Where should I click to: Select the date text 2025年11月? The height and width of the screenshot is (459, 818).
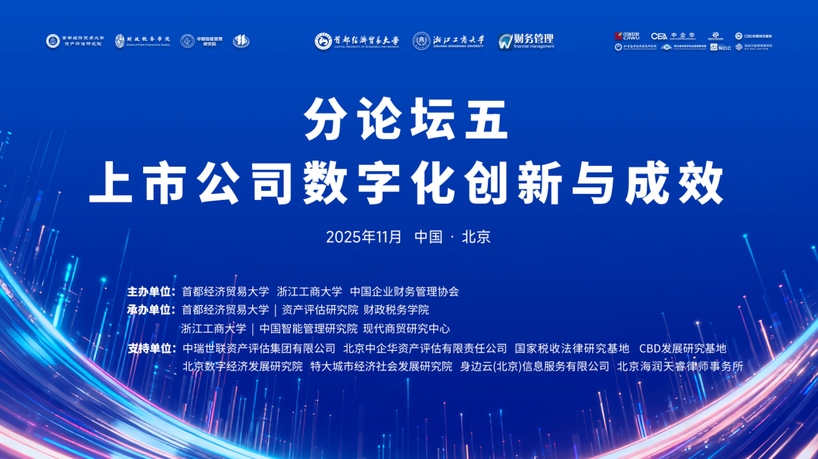coord(364,236)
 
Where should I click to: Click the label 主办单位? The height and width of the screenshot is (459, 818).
coord(151,291)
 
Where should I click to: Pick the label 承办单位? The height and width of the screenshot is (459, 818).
coord(151,310)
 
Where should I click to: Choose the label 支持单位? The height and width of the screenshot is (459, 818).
coord(151,348)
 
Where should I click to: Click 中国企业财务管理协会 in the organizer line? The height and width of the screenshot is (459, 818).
coord(404,291)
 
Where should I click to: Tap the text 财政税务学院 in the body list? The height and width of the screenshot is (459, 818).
coord(396,310)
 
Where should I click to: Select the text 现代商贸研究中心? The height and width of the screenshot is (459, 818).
coord(406,329)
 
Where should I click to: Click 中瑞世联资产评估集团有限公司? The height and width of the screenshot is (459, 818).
coord(259,348)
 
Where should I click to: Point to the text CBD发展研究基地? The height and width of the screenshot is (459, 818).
coord(682,348)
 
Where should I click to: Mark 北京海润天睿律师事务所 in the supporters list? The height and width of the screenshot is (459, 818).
coord(680,367)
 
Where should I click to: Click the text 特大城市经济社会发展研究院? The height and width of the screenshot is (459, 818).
coord(381,367)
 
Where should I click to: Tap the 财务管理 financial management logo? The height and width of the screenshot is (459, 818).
coord(526,41)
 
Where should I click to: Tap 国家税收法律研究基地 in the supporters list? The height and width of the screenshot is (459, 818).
coord(572,348)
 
